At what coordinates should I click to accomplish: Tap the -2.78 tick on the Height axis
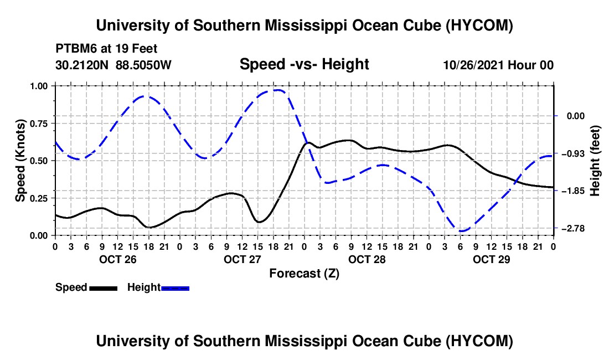click(572, 228)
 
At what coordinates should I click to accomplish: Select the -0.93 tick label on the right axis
click(572, 153)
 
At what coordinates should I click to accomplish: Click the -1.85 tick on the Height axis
click(572, 191)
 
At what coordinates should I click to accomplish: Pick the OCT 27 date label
click(242, 259)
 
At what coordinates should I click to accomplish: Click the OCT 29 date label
click(491, 259)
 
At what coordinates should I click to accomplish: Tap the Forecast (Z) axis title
click(304, 274)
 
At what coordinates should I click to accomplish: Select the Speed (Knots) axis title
click(20, 161)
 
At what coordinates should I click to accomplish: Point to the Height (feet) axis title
click(595, 161)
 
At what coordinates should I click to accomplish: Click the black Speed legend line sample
click(104, 288)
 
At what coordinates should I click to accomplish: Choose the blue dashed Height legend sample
click(175, 288)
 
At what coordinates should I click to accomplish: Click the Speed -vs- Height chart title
click(304, 64)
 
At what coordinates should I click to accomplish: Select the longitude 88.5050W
click(143, 65)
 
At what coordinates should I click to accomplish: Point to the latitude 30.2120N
click(82, 65)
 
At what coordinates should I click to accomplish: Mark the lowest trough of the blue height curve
click(462, 231)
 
